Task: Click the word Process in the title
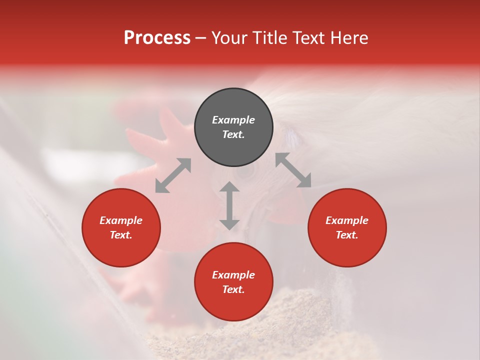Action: (157, 38)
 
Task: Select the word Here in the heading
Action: (348, 38)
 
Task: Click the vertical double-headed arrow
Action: (229, 205)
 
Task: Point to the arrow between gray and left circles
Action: (173, 175)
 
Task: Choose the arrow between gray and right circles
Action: (293, 170)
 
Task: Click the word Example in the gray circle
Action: (233, 120)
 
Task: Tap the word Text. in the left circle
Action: (121, 235)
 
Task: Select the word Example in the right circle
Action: (347, 220)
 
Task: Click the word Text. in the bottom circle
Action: (233, 289)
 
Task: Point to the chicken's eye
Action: (245, 171)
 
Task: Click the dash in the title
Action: (201, 38)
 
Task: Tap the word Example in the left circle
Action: (121, 220)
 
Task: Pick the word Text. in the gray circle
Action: (233, 134)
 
